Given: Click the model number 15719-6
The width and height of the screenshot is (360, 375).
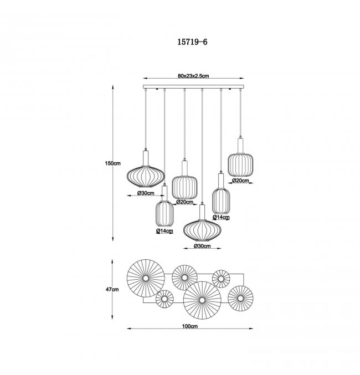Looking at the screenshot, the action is click(192, 42).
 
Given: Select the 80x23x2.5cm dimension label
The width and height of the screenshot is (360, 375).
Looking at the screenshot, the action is click(193, 76).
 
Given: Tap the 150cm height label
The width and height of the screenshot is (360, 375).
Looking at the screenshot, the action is click(112, 163).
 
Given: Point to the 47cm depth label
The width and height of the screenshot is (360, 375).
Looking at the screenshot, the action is click(112, 289).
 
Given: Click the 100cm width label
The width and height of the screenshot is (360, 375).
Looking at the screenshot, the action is click(189, 326).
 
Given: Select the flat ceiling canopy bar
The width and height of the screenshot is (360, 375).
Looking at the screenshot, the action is click(193, 87).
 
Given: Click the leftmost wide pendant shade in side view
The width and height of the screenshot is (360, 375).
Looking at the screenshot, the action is click(146, 177).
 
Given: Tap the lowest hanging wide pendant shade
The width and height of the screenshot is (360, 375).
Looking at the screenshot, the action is click(202, 230).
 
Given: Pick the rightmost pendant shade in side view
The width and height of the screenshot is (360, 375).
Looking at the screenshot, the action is click(240, 165).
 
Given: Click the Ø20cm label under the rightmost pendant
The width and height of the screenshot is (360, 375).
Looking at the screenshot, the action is click(240, 181).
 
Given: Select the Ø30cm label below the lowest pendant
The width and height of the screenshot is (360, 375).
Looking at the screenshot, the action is click(202, 245).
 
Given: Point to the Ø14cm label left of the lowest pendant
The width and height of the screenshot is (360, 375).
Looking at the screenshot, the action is click(164, 231).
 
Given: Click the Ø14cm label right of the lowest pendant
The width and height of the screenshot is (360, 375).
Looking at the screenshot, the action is click(222, 217).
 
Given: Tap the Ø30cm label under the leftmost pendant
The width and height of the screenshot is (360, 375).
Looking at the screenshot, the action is click(146, 193).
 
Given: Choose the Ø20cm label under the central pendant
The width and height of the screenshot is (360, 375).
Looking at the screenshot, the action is click(184, 202).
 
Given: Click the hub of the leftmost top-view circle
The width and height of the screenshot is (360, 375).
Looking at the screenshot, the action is click(146, 278).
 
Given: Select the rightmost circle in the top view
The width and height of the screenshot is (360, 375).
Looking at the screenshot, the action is click(240, 298).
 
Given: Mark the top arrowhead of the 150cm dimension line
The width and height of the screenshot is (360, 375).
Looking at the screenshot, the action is click(113, 87).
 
